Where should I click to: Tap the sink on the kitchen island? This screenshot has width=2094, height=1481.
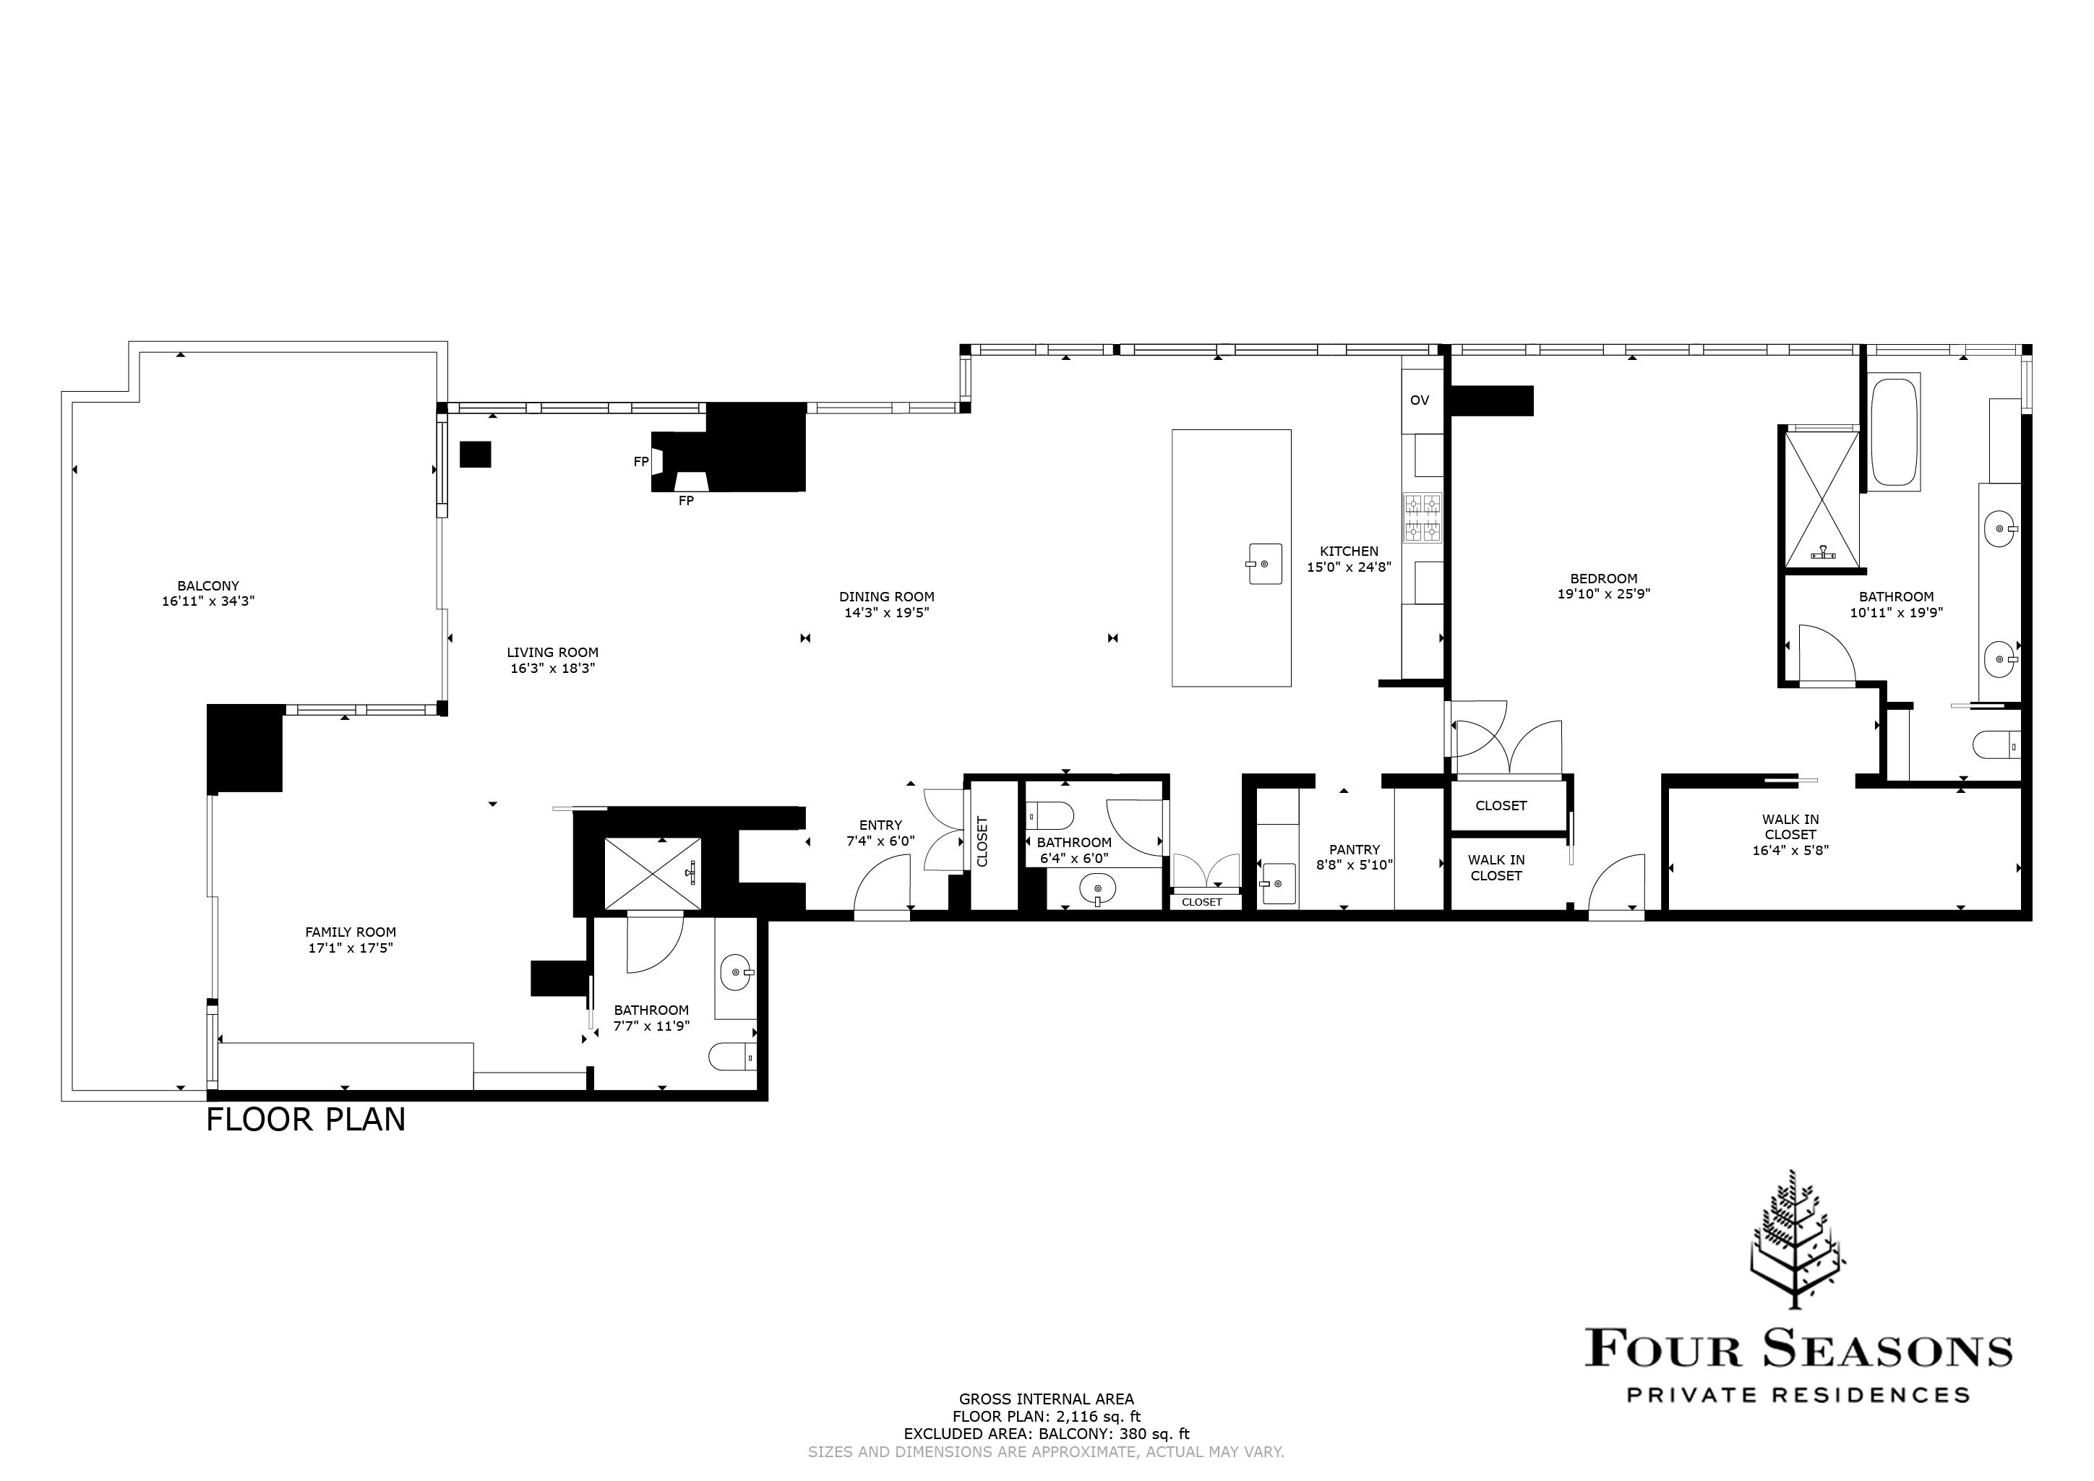[x=1264, y=564]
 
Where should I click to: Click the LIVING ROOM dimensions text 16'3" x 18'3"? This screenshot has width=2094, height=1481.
[x=553, y=669]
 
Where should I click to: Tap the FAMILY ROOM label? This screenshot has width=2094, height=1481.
[x=351, y=932]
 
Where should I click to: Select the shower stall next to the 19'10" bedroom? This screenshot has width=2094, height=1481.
[x=1820, y=497]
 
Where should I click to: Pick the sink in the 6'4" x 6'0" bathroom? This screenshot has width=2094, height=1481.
[x=1097, y=888]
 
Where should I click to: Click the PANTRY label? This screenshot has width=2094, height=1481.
[x=1355, y=849]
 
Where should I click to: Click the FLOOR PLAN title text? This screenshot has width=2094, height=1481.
[x=306, y=1120]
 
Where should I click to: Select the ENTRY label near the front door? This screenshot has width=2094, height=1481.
[x=880, y=825]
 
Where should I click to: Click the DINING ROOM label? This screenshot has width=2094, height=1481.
[x=886, y=597]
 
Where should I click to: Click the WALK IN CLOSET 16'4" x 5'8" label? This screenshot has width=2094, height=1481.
[x=1790, y=833]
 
